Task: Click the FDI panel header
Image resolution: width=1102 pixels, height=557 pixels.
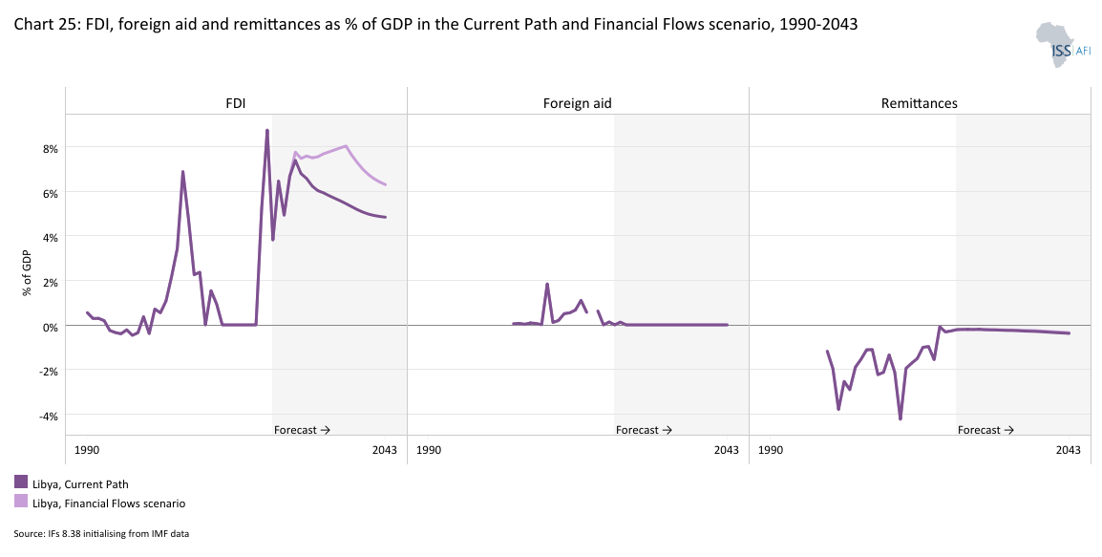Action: [236, 103]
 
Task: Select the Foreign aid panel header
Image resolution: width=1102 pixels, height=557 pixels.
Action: [578, 103]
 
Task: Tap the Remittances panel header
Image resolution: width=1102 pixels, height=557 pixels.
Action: [919, 103]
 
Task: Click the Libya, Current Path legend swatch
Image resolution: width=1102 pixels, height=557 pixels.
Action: [21, 482]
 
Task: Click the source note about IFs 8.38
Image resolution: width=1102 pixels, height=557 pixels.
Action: [101, 533]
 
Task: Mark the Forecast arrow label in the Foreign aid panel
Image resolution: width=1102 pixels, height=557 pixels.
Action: [644, 430]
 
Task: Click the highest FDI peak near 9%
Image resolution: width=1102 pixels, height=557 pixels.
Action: [267, 130]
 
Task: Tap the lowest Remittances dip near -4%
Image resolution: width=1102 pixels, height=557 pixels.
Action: [900, 418]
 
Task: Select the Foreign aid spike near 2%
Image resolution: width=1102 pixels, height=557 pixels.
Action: [547, 284]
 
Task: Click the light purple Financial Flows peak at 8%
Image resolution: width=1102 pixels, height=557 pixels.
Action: [346, 146]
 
